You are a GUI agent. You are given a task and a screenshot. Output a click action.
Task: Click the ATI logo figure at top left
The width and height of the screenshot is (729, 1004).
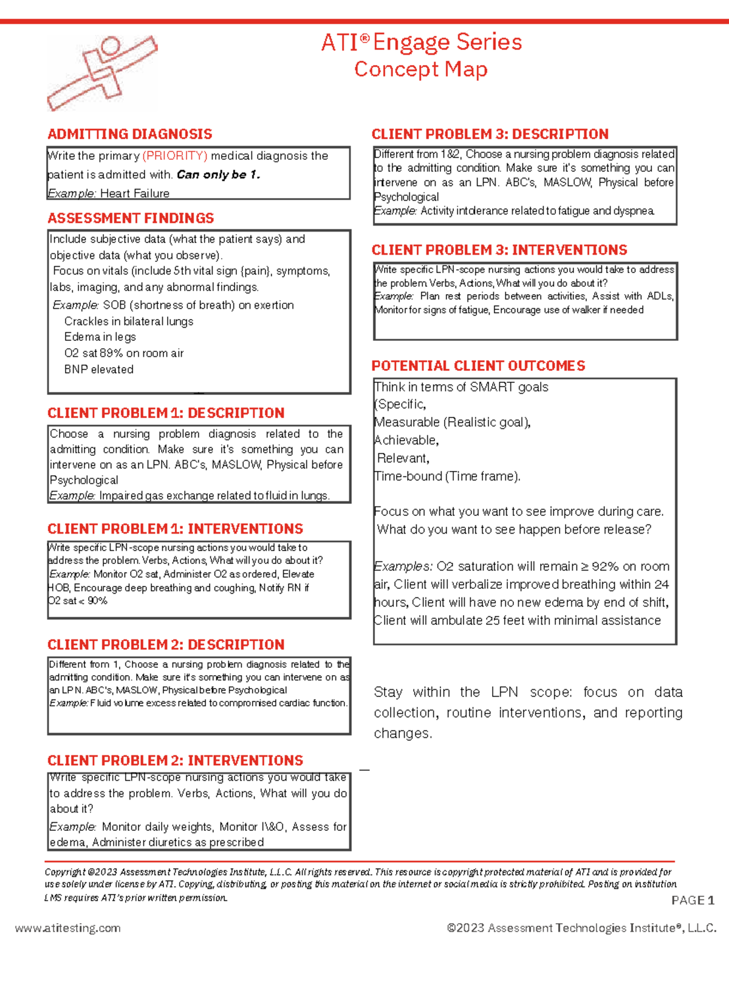coord(102,72)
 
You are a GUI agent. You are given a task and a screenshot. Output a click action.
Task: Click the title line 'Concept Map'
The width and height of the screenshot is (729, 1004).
coord(420,69)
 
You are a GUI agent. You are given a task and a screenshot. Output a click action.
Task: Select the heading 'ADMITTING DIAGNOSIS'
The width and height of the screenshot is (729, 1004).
coord(130,134)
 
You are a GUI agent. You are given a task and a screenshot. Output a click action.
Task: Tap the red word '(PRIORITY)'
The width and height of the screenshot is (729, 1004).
coord(175,156)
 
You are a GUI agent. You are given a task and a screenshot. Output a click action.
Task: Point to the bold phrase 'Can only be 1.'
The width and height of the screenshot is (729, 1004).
coord(218,175)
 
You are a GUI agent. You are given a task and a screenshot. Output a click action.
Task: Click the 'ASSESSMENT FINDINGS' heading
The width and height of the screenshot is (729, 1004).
coord(131,218)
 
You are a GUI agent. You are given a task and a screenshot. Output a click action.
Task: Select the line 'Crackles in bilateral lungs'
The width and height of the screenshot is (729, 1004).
coord(129,321)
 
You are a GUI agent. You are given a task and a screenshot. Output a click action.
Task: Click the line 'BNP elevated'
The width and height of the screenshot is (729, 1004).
coord(99,370)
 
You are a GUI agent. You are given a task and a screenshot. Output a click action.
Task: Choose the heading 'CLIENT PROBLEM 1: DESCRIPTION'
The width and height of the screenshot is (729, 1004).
coord(166,413)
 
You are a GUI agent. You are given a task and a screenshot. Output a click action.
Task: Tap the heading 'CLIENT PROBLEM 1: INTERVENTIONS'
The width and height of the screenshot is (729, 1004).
coord(175,529)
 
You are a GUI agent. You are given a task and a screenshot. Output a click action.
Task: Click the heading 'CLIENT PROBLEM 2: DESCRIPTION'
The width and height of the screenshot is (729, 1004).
coord(166,645)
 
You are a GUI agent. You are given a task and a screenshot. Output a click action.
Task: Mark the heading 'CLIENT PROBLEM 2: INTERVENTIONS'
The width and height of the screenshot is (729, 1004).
coord(175,761)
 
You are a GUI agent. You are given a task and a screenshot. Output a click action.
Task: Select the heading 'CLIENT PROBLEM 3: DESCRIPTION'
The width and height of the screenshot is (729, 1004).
coord(490,134)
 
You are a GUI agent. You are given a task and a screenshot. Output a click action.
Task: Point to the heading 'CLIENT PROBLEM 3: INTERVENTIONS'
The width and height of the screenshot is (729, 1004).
coord(499,250)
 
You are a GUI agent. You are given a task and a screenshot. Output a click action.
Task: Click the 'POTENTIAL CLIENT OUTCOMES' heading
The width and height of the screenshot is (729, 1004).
coord(478,366)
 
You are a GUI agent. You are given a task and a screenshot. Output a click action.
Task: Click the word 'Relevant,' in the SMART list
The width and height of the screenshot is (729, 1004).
coord(403,458)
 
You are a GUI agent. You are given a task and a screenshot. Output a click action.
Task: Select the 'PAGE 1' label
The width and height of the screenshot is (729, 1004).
coord(693,900)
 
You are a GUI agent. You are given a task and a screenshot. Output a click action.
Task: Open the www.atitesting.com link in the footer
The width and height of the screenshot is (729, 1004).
coord(68,928)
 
